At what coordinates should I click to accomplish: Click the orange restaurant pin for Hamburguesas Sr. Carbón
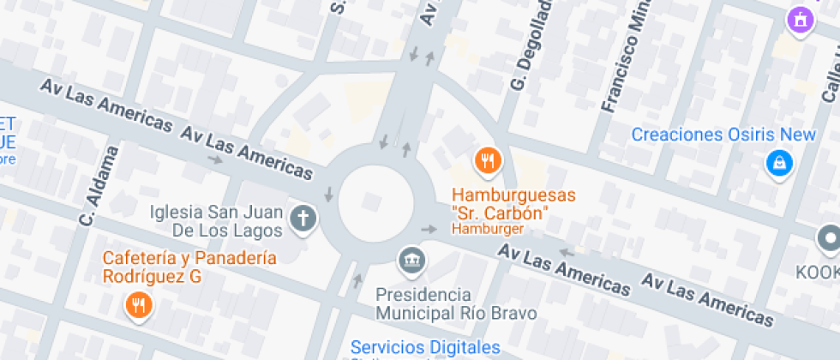pos(487,160)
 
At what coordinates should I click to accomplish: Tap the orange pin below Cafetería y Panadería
pos(137,304)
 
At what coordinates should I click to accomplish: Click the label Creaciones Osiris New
pos(723,135)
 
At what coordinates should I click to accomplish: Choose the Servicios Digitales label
pos(425,347)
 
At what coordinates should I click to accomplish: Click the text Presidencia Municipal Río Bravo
pos(456,303)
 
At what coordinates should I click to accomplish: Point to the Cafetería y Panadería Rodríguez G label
pos(189,267)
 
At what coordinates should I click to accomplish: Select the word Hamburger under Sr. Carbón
pos(487,229)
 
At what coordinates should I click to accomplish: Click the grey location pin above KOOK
pos(829,239)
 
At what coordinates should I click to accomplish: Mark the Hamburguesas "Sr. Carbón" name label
pos(501,203)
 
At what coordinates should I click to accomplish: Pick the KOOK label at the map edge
pos(818,272)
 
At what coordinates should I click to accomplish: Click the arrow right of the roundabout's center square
pos(429,229)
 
